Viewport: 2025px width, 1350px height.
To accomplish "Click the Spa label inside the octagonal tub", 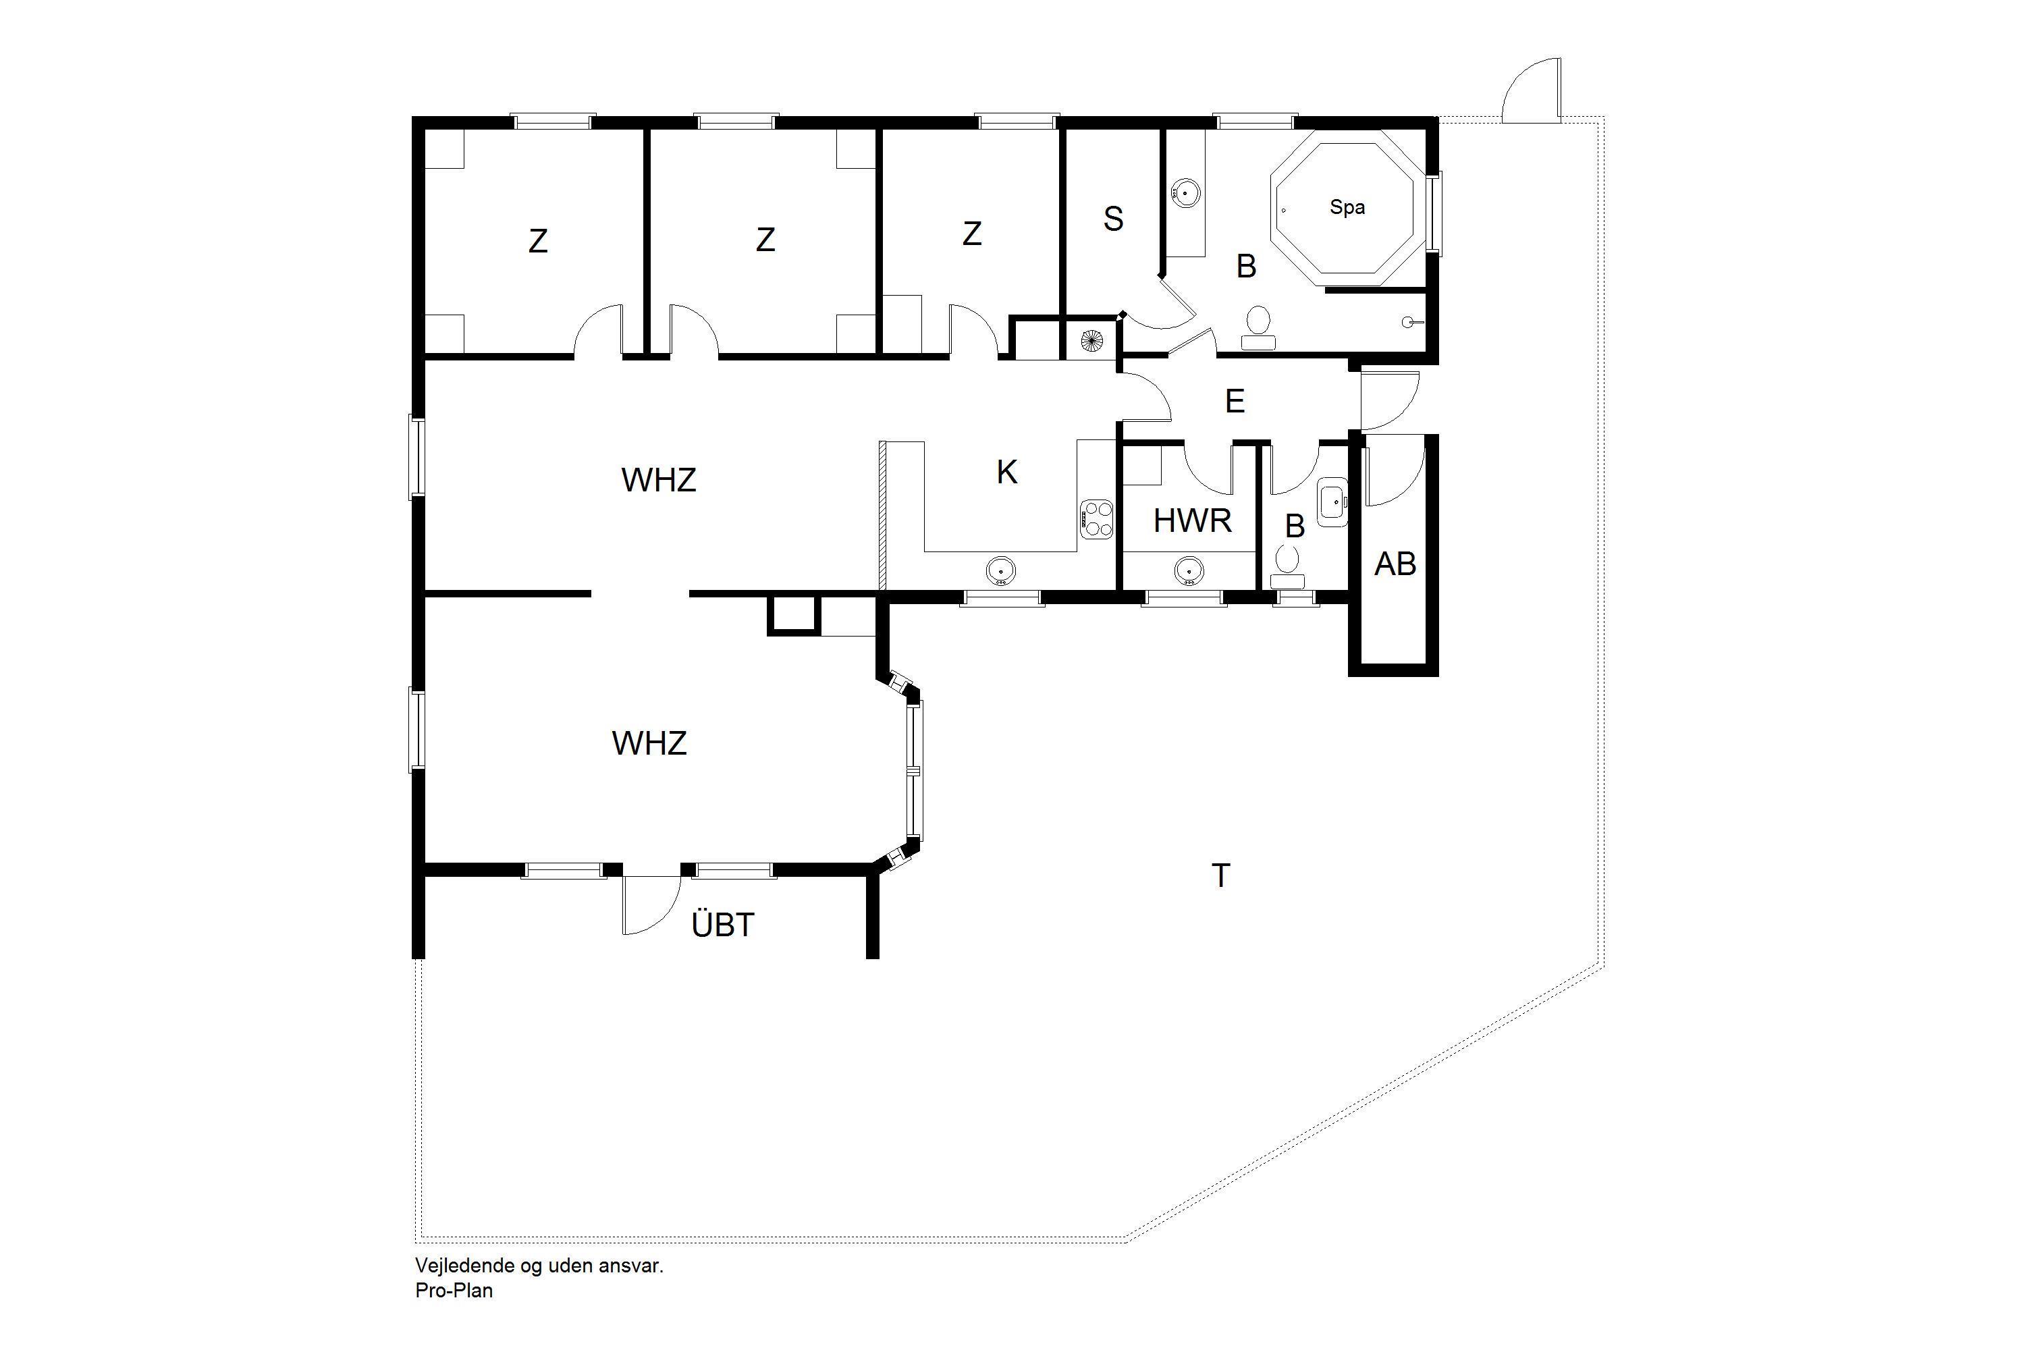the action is pos(1347,207).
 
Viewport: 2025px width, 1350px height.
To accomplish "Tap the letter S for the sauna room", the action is pos(1113,219).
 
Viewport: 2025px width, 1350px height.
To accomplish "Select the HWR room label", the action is pos(1193,521).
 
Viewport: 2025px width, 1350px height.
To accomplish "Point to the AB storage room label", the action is pos(1395,564).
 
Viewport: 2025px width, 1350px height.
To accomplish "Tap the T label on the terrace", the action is pos(1221,875).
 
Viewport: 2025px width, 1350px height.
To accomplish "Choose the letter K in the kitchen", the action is pos(1006,472).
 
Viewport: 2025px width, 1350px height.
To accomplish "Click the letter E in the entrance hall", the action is pos(1235,401).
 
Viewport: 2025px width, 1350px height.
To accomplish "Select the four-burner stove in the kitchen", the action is pos(1097,518).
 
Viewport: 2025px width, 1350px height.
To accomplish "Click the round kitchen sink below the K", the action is pos(1000,570).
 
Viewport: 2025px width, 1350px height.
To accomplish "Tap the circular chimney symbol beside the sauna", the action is pos(1091,341).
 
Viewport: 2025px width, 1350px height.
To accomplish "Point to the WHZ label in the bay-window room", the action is pos(649,743).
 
